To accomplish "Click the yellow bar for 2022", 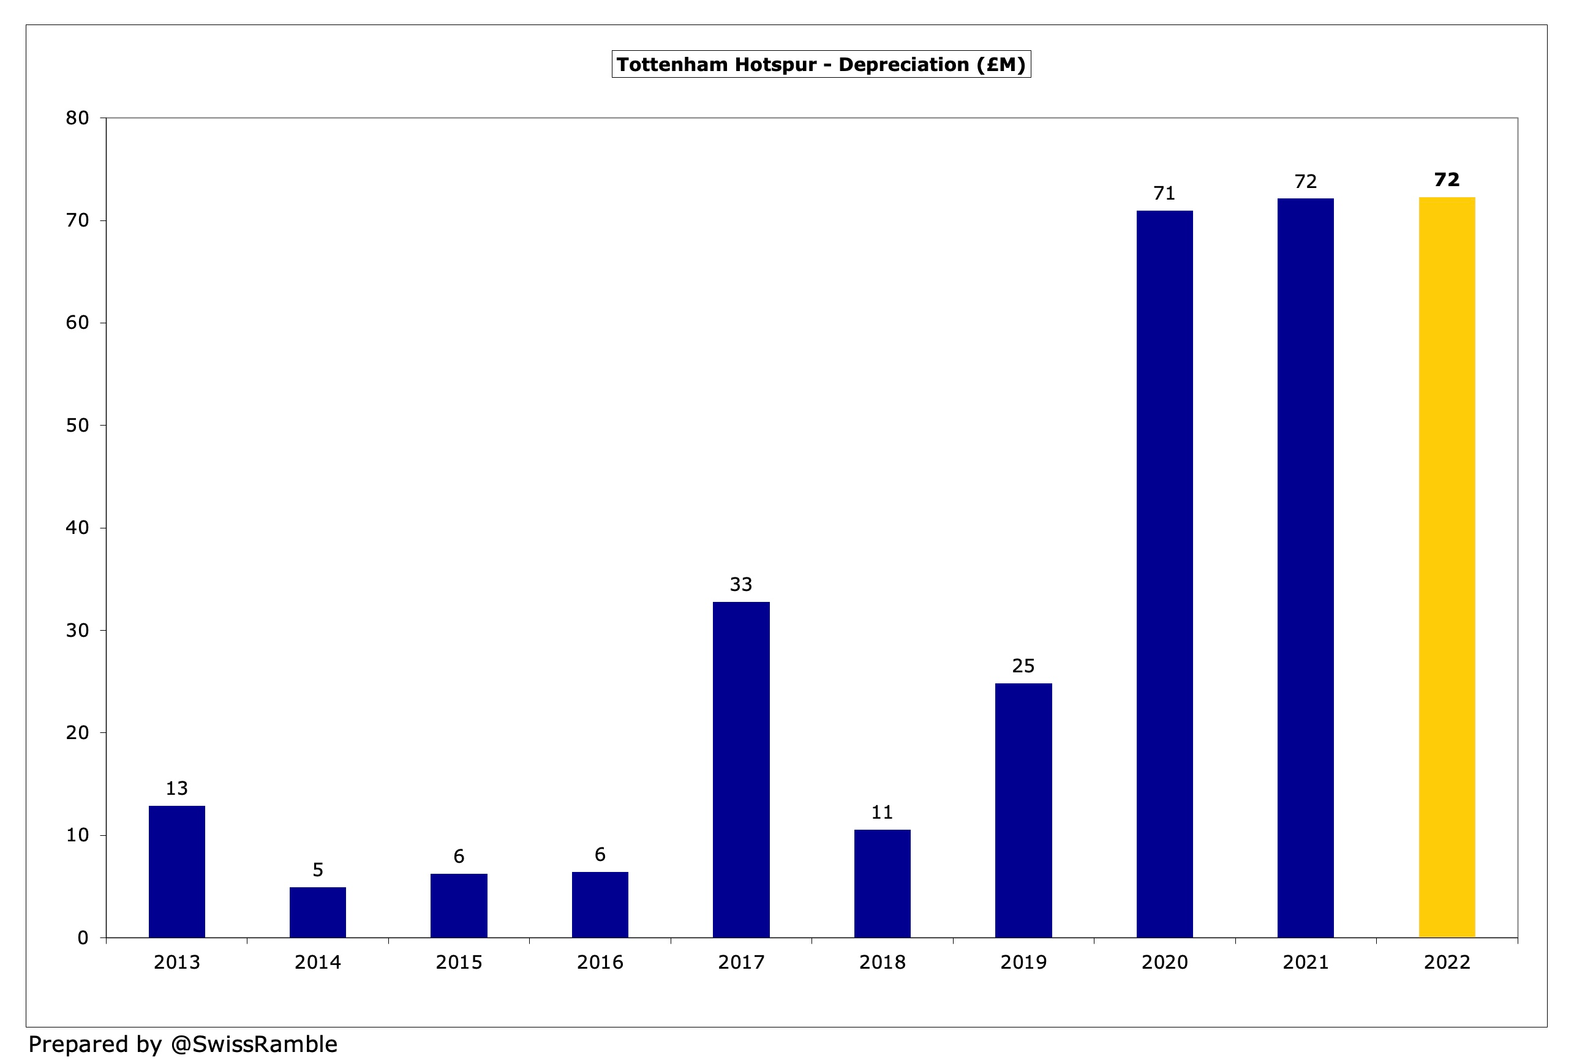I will click(1446, 568).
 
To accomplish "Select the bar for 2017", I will click(741, 769).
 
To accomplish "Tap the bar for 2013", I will click(177, 871).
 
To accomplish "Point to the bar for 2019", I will click(1023, 811).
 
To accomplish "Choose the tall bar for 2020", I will click(1164, 574).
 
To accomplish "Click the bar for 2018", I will click(882, 883).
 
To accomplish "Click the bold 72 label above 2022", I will click(1447, 180).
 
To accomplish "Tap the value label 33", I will click(741, 584).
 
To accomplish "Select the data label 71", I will click(1164, 193).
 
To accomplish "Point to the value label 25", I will click(1023, 666).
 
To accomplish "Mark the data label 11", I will click(882, 813).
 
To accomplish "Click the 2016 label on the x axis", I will click(600, 962).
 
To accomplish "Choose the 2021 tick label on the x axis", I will click(1305, 962).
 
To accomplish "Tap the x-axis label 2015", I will click(459, 962).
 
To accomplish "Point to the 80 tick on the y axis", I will click(77, 119).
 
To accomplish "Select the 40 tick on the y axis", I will click(77, 528).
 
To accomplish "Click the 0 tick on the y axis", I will click(83, 937).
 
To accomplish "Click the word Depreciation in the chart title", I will click(903, 65).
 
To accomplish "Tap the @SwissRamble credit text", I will click(254, 1044).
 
